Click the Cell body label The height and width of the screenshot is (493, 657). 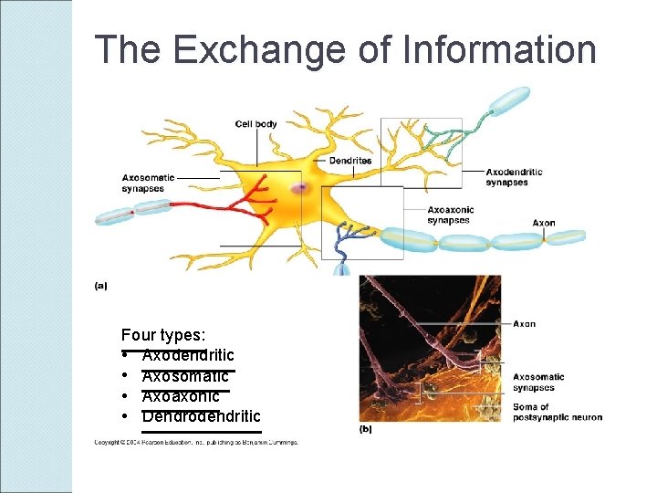[x=255, y=124]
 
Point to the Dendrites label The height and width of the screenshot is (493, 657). [x=349, y=161]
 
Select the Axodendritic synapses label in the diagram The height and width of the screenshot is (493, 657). [x=514, y=177]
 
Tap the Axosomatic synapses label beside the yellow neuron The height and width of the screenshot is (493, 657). [x=143, y=184]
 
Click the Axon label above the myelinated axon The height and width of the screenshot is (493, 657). [x=544, y=223]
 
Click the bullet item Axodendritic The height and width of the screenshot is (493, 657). [x=188, y=355]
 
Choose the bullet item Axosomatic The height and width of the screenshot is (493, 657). [x=185, y=376]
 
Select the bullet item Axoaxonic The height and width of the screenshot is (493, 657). [x=181, y=396]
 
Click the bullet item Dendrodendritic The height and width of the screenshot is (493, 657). [x=201, y=417]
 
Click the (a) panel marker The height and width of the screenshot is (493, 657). [x=100, y=286]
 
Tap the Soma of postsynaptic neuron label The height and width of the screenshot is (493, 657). [x=557, y=413]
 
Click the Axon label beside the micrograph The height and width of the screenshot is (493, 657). [x=524, y=324]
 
